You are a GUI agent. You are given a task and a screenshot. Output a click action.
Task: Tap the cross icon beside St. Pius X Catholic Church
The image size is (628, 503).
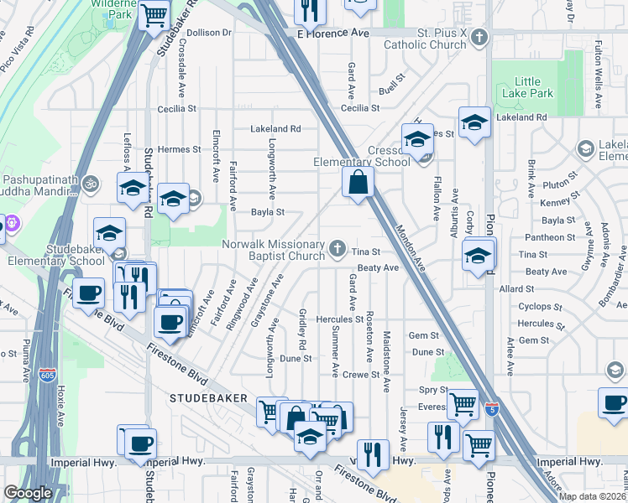pyautogui.click(x=479, y=38)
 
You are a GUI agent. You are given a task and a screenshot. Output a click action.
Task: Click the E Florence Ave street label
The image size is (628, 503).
pyautogui.click(x=333, y=33)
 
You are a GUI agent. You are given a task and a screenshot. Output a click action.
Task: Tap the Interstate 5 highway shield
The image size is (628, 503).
pyautogui.click(x=491, y=408)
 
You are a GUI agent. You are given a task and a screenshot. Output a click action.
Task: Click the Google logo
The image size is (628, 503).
pyautogui.click(x=28, y=493)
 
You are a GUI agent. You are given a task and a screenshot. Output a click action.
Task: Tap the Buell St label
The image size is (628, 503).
pyautogui.click(x=391, y=87)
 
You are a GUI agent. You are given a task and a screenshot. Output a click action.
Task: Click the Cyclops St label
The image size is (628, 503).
pyautogui.click(x=540, y=308)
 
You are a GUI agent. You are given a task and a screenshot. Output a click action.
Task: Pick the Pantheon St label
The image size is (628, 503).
pyautogui.click(x=547, y=237)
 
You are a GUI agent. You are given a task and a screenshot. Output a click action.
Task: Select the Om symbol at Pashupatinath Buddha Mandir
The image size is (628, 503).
pyautogui.click(x=92, y=181)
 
